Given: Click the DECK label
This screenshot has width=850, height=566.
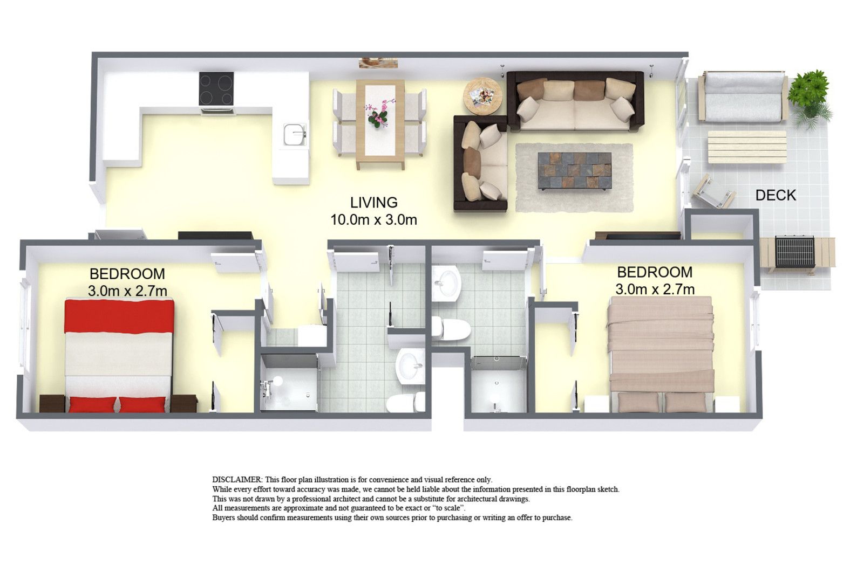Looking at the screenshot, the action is click(x=775, y=195).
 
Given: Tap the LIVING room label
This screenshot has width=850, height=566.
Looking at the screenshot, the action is click(x=374, y=203).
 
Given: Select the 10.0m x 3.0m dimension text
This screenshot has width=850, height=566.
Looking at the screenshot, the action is click(x=374, y=219).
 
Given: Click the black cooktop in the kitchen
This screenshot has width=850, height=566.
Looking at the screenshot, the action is click(x=216, y=89).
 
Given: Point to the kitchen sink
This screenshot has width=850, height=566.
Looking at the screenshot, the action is click(x=295, y=134).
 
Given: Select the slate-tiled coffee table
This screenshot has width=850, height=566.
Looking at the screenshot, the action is click(x=575, y=170).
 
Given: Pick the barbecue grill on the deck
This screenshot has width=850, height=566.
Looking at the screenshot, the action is click(x=794, y=252).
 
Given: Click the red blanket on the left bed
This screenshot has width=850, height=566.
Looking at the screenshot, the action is click(x=119, y=316).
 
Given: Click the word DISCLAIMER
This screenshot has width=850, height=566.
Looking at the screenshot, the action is click(x=237, y=480).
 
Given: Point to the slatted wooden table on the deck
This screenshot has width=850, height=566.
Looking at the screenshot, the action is click(x=747, y=147).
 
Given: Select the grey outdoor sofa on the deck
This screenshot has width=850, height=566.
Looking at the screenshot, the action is click(x=743, y=96).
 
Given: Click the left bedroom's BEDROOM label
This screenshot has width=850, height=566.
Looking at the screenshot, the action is click(x=127, y=274).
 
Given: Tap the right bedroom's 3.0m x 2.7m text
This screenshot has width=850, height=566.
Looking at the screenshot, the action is click(x=655, y=289).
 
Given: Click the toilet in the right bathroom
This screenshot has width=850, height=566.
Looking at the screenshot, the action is click(x=451, y=328).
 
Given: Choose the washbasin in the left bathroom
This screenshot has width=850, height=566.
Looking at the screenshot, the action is click(x=410, y=366).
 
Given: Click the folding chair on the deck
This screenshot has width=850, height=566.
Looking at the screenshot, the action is click(x=713, y=192).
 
